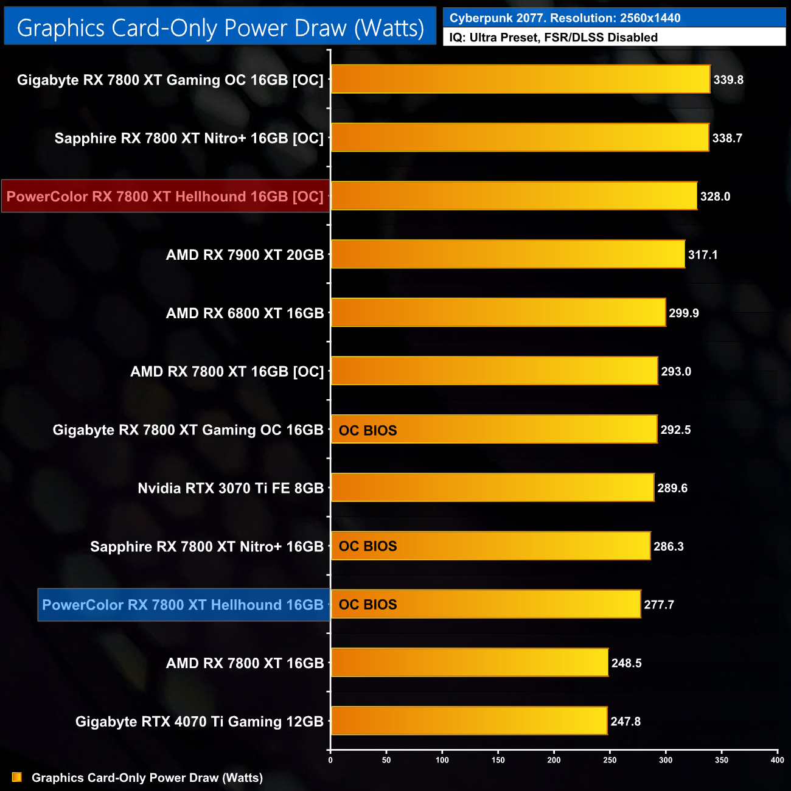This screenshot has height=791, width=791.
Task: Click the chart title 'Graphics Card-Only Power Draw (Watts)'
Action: pos(220,28)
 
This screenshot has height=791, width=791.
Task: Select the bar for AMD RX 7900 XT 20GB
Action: pos(508,254)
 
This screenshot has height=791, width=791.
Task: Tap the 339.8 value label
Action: pos(728,80)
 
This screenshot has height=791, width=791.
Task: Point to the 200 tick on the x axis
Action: pos(554,760)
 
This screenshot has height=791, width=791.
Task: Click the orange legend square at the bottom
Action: pos(17,778)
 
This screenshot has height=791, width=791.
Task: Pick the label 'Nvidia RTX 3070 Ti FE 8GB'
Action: pos(231,488)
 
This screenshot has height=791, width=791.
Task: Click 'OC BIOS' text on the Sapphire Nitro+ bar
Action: pos(368,546)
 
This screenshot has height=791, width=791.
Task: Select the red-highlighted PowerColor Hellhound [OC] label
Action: pos(165,197)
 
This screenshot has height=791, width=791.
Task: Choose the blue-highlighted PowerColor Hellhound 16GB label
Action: pos(183,605)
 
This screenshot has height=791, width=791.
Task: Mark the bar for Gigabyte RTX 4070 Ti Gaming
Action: pos(469,721)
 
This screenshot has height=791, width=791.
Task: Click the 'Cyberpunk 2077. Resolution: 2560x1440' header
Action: pos(615,18)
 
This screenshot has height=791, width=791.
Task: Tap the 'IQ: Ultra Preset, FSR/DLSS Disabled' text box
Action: pos(615,38)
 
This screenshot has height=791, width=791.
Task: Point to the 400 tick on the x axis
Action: pos(777,760)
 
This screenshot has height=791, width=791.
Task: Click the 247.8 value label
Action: pos(625,722)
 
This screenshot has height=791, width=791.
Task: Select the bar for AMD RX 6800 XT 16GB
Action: pos(498,313)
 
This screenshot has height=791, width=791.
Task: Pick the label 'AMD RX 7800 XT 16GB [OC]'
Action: pos(227,371)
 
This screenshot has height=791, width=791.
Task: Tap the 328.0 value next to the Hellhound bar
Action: pos(715,197)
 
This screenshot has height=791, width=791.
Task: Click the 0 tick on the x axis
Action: pos(330,760)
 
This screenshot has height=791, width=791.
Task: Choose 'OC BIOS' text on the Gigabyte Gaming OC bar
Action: pos(368,430)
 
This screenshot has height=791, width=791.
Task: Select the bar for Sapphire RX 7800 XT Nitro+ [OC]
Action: pos(520,138)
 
